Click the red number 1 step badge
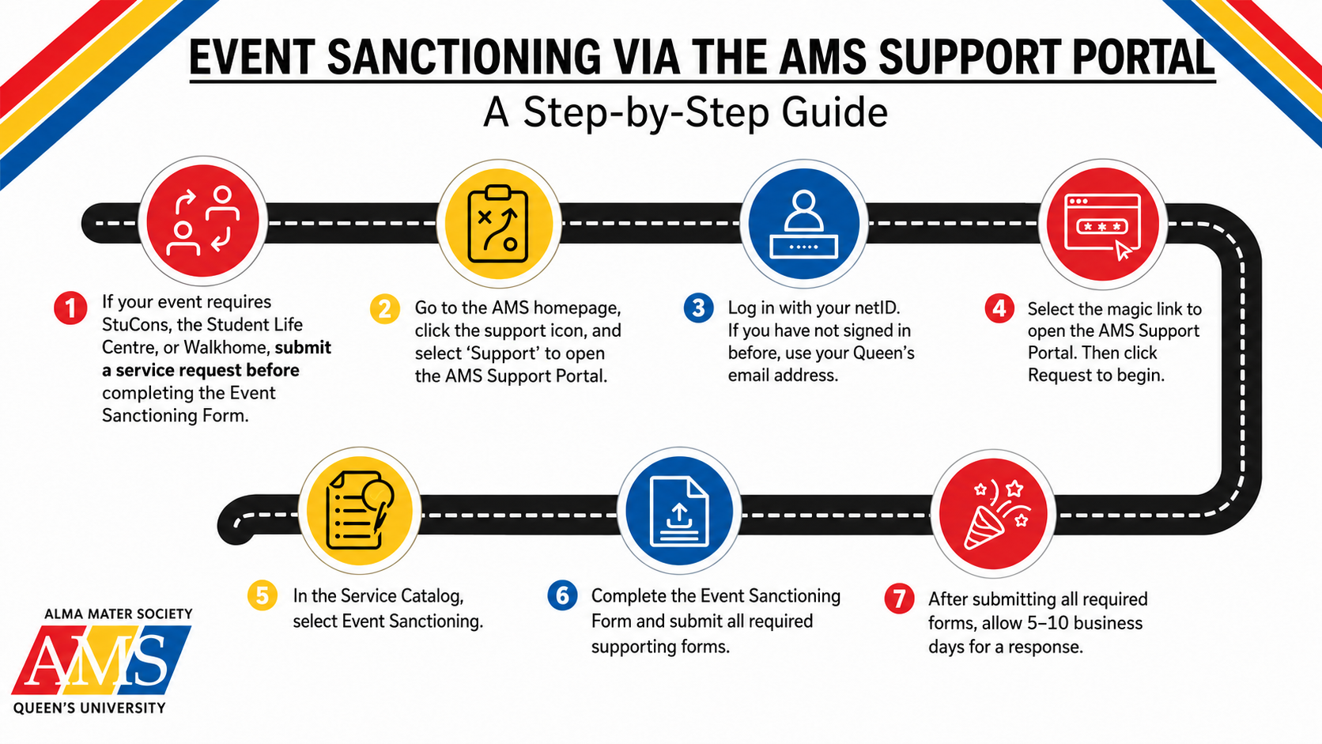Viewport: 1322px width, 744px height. [71, 308]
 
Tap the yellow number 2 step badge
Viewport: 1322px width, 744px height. [385, 309]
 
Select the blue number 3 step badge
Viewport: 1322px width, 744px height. [699, 308]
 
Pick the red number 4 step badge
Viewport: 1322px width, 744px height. [999, 308]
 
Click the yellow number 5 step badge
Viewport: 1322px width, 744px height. [263, 595]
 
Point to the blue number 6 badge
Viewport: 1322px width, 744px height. [562, 595]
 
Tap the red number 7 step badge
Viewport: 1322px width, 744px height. [900, 599]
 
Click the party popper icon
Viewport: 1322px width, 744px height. [994, 513]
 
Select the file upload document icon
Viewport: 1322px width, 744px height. [678, 511]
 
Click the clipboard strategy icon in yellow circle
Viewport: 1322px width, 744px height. [497, 224]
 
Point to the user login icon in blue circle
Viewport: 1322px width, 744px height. [804, 225]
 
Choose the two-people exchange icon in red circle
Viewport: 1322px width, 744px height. [203, 221]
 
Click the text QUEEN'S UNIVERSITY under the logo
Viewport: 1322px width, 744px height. [89, 708]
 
